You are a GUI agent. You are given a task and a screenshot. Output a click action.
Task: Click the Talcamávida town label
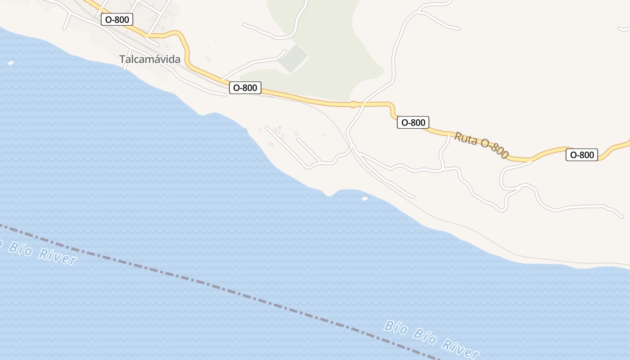pos(150,59)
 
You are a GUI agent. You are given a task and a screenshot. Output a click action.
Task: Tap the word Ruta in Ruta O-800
pos(466,138)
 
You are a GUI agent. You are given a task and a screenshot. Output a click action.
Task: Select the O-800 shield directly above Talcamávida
pos(117,19)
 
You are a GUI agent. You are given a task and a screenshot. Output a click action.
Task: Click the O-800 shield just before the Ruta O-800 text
pos(413,122)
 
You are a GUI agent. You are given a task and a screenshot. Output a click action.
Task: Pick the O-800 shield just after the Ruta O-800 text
pos(582,155)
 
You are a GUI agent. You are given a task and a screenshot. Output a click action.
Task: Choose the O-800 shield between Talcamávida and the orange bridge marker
pos(245,88)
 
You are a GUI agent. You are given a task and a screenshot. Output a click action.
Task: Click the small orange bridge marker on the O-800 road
pos(353,104)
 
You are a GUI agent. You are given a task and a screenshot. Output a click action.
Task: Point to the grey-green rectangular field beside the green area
pos(293,58)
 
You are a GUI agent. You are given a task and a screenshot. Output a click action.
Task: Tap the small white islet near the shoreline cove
pos(364,198)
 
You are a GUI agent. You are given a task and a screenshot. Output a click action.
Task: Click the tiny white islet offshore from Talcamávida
pos(11,63)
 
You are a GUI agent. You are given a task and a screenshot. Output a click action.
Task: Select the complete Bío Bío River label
pos(431,339)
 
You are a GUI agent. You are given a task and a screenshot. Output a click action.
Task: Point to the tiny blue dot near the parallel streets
pos(280,128)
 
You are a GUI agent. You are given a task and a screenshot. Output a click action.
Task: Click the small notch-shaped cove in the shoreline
pos(330,194)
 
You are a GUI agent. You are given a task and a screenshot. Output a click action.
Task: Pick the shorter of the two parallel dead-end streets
pos(309,149)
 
